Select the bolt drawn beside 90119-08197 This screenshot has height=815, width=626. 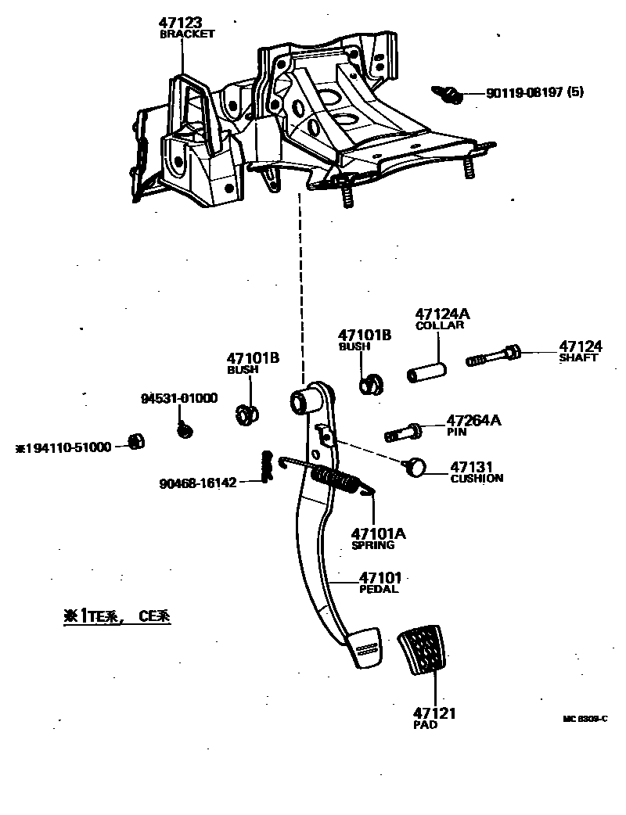[451, 95]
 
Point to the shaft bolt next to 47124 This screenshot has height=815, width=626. [495, 357]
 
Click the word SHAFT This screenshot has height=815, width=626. [578, 358]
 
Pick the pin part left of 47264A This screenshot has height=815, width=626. [402, 430]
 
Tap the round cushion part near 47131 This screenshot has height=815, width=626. [416, 467]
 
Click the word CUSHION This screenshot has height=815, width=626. [477, 479]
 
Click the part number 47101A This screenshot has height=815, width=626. [379, 533]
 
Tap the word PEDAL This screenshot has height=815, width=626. [379, 590]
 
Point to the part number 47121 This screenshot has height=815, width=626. [434, 713]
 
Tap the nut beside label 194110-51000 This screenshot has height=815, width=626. [135, 442]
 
